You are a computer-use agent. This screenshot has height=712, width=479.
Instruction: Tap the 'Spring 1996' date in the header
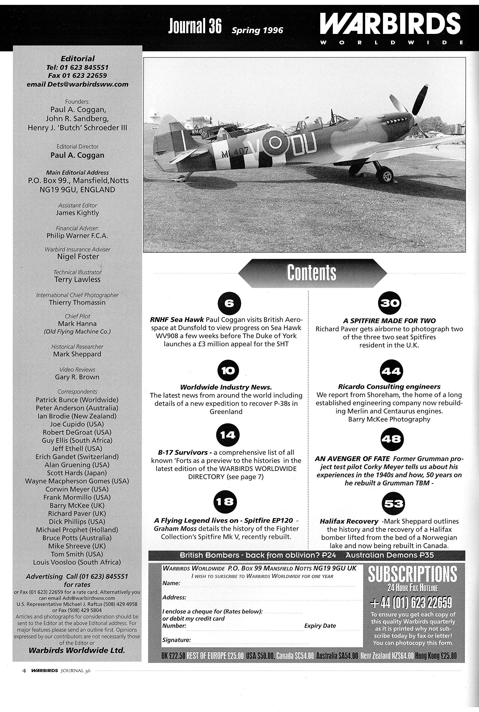pos(257,30)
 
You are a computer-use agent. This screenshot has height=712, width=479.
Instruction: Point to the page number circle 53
pos(393,503)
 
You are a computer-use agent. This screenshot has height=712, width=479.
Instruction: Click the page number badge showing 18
pos(225,502)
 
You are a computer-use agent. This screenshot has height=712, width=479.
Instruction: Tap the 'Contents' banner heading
pos(312,273)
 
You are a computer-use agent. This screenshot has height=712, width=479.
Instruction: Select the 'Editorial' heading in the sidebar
pos(78,58)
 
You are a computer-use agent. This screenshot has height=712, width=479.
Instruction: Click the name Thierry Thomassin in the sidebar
pos(77,303)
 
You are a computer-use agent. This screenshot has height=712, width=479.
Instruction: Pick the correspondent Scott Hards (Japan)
pos(77,473)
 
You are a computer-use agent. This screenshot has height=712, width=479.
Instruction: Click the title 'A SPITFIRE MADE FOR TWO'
pos(389,321)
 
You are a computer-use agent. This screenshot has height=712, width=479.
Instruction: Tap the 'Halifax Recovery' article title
pos(349,521)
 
